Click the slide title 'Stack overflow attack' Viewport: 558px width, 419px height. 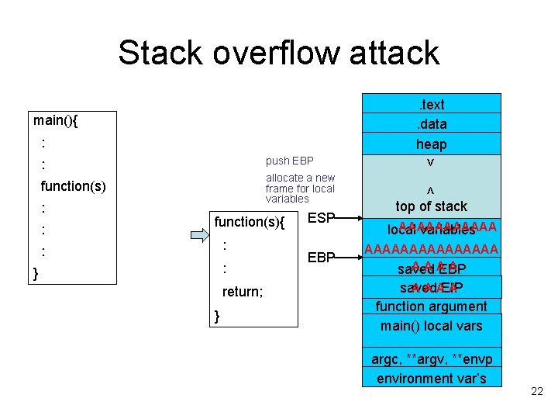(279, 53)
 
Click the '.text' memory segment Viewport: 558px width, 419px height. (432, 104)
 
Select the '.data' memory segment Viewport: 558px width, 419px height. (432, 123)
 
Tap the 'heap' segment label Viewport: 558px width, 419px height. (432, 144)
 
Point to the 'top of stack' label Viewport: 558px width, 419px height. (432, 206)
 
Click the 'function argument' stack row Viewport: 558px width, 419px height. (432, 306)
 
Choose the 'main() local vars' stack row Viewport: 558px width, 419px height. (432, 325)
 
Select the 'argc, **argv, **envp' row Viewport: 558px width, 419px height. (432, 358)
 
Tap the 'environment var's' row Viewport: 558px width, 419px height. (432, 378)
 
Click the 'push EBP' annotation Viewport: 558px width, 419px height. (289, 161)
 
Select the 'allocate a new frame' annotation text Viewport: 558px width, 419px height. (300, 188)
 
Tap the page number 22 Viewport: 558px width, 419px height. (537, 392)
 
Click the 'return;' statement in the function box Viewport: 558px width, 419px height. (243, 292)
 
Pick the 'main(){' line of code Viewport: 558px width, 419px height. (60, 120)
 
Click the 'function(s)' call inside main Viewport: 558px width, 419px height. (74, 186)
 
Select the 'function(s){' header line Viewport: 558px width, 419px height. (250, 222)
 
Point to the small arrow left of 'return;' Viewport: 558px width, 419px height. (200, 293)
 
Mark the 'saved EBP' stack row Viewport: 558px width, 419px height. (432, 269)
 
